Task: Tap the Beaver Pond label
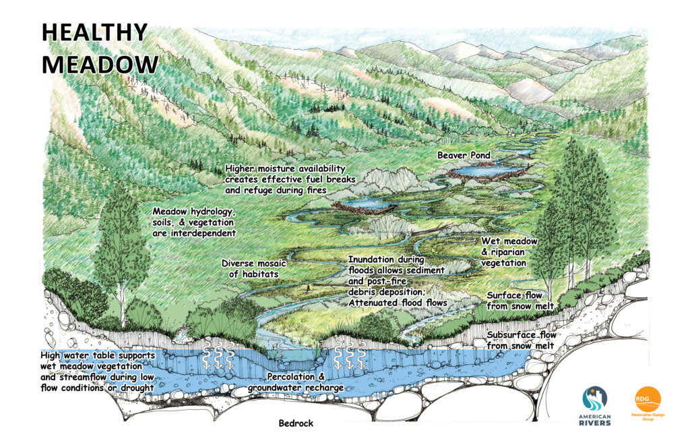(x=464, y=155)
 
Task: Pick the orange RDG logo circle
(x=648, y=399)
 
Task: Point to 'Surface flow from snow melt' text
(x=521, y=301)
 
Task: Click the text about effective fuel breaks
(x=285, y=179)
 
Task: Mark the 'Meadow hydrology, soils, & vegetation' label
(x=193, y=222)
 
